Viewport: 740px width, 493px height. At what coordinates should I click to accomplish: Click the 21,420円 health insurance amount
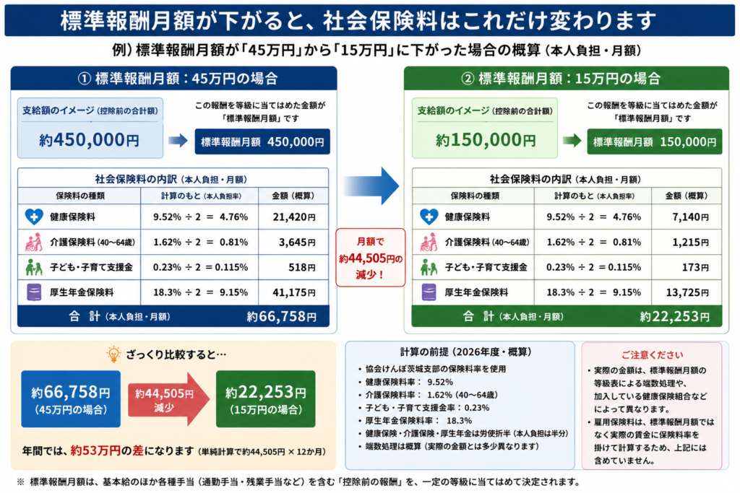(x=294, y=217)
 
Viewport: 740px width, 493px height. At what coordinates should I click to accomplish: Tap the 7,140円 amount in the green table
(x=690, y=217)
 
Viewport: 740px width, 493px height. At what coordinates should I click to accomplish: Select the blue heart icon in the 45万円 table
(x=34, y=217)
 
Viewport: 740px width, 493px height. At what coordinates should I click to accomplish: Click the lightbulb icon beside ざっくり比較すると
(x=113, y=354)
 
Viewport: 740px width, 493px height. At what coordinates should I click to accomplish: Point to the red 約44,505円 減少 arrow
(x=168, y=399)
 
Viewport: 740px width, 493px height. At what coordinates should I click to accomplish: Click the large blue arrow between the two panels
(x=371, y=186)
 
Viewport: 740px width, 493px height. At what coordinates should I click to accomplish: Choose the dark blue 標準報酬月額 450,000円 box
(x=262, y=141)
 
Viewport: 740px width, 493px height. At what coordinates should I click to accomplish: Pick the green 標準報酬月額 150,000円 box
(x=655, y=141)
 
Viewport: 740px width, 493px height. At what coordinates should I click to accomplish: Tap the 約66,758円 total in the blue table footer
(x=281, y=316)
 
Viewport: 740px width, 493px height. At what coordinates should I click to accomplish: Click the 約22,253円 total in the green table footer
(x=674, y=316)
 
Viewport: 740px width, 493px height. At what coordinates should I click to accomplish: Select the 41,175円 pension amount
(x=294, y=292)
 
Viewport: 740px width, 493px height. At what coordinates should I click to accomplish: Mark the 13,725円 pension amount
(x=687, y=292)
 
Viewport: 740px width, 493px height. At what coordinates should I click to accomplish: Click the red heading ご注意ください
(x=652, y=354)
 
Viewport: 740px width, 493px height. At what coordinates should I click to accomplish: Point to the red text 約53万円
(x=95, y=450)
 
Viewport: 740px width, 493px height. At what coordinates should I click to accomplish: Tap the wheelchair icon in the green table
(x=429, y=242)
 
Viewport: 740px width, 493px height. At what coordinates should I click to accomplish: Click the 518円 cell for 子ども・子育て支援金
(x=302, y=267)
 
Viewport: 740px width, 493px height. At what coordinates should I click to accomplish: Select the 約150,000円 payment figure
(x=486, y=139)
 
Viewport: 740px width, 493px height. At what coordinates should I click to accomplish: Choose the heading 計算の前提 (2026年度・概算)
(x=466, y=352)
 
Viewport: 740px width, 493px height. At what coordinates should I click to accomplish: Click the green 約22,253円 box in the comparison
(x=266, y=398)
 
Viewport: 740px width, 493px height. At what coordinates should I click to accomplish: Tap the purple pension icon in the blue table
(x=34, y=292)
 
